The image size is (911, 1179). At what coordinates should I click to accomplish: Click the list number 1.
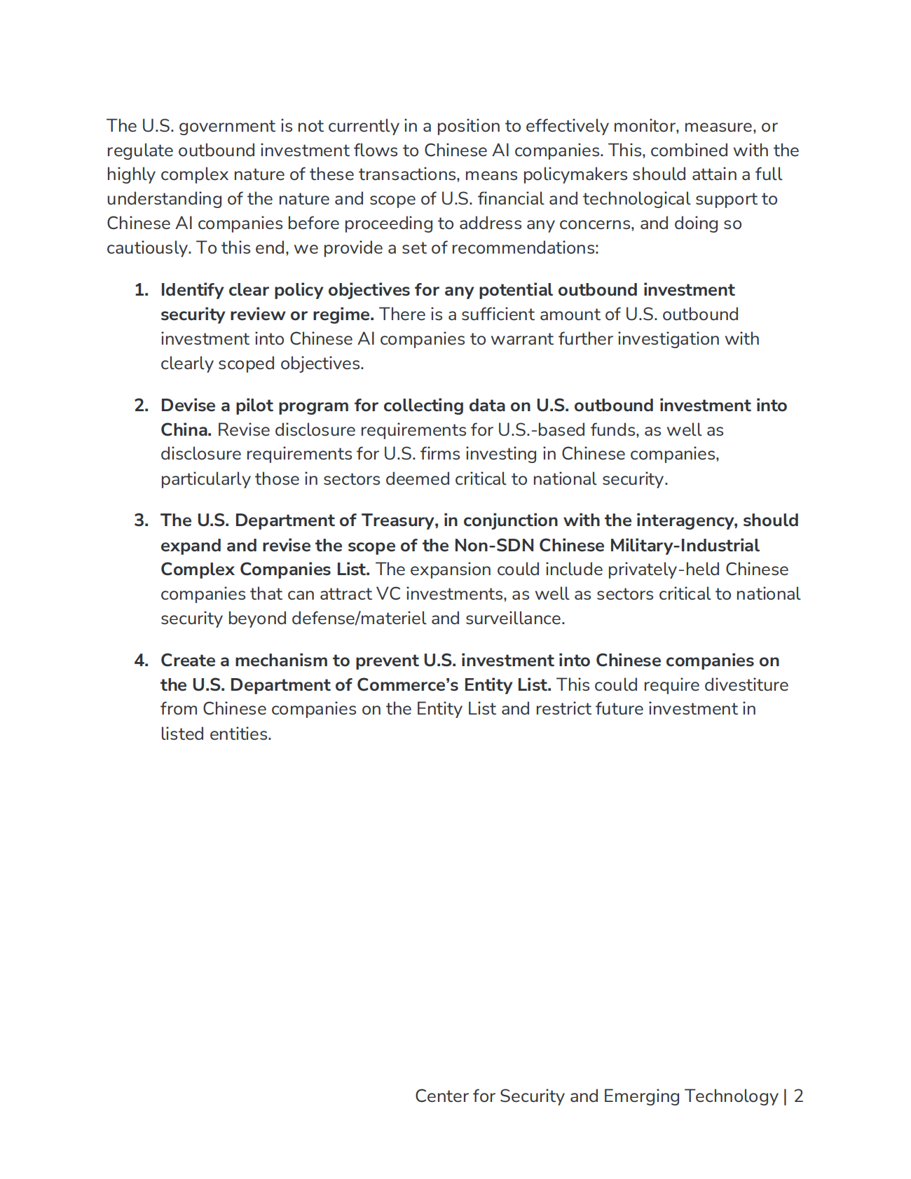(x=141, y=290)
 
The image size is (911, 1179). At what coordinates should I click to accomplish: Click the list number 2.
(x=141, y=406)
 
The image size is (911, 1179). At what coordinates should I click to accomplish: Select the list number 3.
(x=141, y=520)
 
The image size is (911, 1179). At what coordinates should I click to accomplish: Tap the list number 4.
(x=141, y=661)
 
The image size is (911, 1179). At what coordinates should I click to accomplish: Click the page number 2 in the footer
(x=798, y=1096)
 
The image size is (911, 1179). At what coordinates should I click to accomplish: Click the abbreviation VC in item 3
(x=388, y=594)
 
